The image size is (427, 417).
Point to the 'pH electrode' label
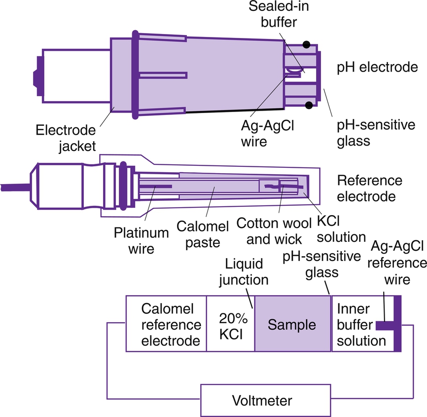tap(377, 67)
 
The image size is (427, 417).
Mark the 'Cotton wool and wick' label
tap(269, 230)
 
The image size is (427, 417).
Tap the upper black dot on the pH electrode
tap(307, 44)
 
